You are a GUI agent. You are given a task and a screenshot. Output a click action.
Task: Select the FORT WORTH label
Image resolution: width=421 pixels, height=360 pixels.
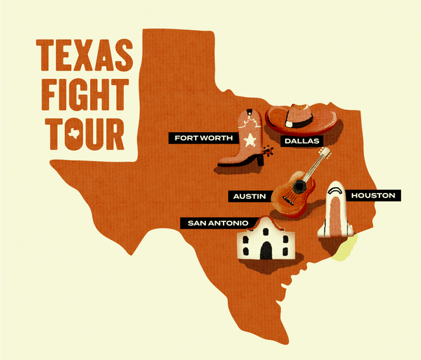(x=196, y=138)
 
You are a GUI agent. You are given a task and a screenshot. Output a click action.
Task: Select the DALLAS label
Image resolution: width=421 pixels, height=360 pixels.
(x=301, y=140)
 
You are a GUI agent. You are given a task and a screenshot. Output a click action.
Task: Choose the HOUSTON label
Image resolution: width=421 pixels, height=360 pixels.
(x=372, y=195)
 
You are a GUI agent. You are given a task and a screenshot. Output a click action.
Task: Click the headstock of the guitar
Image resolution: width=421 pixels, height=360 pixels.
(x=326, y=153)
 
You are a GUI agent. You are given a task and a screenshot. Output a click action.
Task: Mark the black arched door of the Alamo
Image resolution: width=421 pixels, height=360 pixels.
(x=266, y=250)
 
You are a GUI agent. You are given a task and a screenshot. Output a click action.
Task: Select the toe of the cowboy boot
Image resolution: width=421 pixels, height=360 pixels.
(x=224, y=160)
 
